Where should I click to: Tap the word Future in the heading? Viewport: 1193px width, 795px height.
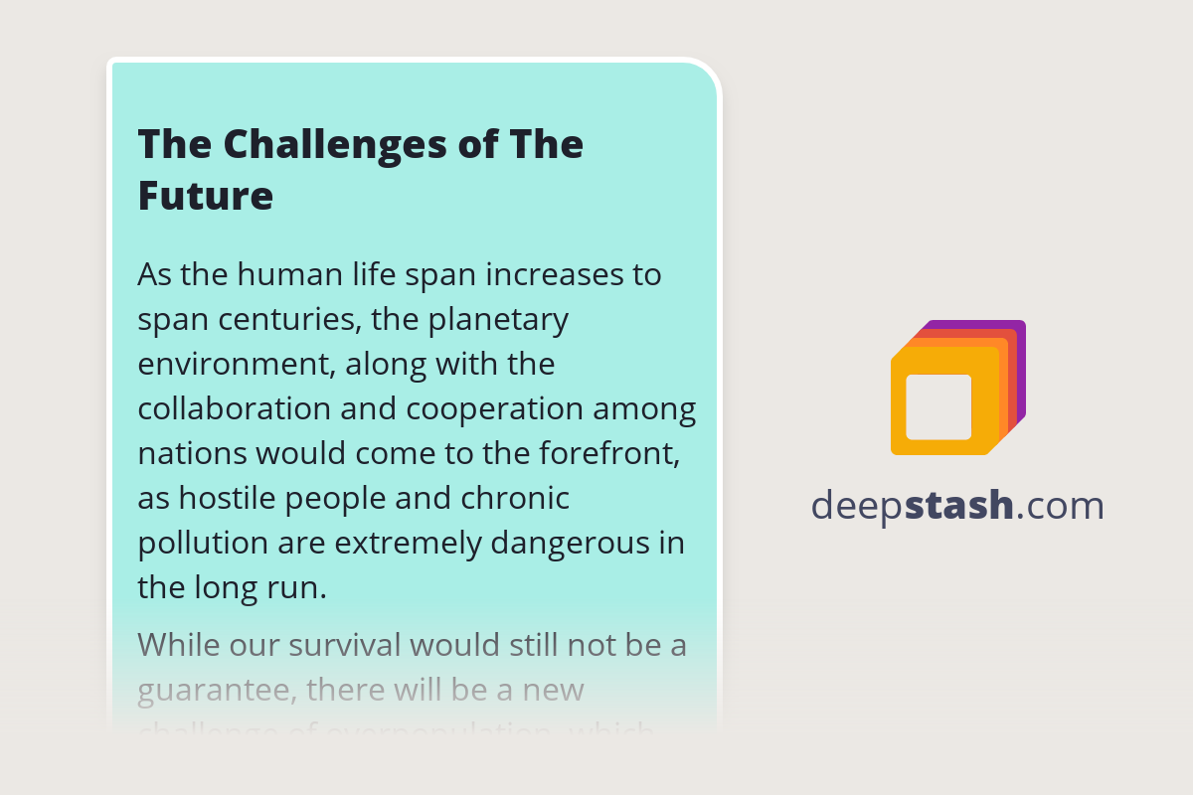tap(205, 196)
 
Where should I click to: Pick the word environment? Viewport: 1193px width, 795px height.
tap(236, 365)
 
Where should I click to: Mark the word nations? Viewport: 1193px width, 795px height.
tap(192, 454)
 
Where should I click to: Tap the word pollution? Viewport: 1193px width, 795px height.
tap(203, 544)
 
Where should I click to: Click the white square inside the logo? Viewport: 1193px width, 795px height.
tap(938, 406)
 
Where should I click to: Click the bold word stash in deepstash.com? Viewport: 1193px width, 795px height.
tap(959, 506)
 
